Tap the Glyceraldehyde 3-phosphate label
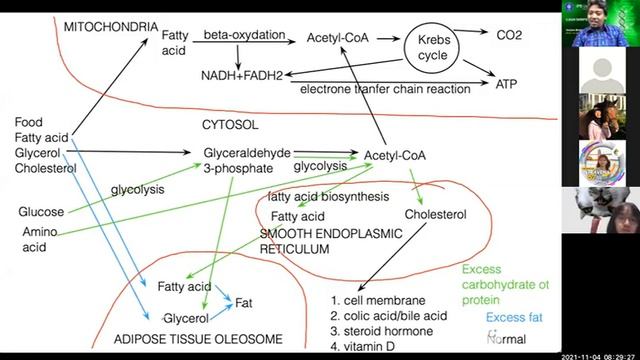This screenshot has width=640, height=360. click(x=247, y=160)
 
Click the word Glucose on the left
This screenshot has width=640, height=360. click(x=41, y=212)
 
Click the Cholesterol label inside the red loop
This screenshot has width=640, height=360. click(x=436, y=214)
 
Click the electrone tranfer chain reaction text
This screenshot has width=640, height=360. click(x=385, y=90)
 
